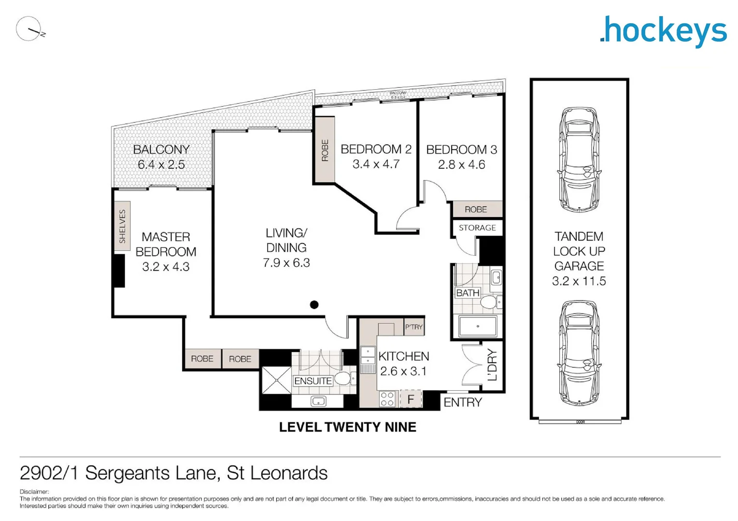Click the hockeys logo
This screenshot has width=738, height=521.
tap(663, 31)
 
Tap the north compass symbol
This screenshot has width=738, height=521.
tap(30, 29)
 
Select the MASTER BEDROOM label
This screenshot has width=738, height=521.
tap(166, 245)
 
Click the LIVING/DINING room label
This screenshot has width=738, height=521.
tap(286, 240)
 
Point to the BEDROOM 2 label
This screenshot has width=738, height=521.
tap(376, 150)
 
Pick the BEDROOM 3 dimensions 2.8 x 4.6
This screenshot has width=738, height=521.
tap(461, 165)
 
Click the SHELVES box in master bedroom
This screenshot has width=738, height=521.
tap(122, 226)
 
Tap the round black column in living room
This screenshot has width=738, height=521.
tap(314, 305)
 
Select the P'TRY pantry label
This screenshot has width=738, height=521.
tap(414, 327)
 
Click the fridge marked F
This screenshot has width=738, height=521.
tap(411, 399)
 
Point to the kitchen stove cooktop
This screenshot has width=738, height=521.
tap(387, 399)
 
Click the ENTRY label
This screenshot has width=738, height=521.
tap(462, 402)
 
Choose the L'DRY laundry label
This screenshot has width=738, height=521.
tap(492, 365)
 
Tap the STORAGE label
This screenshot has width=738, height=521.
tap(477, 228)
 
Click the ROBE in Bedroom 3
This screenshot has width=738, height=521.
tap(476, 209)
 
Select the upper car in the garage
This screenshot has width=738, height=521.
tap(579, 160)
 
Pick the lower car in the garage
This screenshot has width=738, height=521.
tap(579, 353)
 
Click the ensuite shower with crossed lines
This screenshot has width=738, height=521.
tap(276, 381)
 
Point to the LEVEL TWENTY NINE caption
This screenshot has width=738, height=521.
tap(347, 427)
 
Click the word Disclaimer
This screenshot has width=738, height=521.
tap(34, 492)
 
